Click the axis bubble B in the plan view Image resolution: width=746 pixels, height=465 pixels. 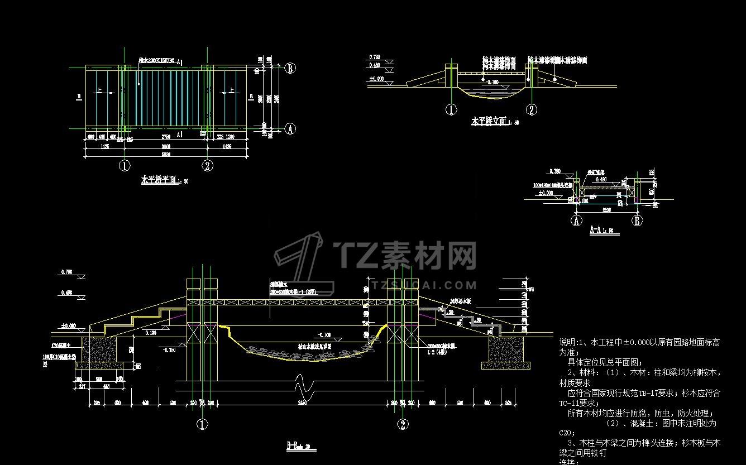point(290,69)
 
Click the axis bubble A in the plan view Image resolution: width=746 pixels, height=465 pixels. point(290,129)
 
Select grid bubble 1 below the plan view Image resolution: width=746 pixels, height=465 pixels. point(124,165)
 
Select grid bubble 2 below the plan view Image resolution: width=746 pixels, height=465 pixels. point(207,165)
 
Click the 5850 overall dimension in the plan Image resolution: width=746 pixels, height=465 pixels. point(166,155)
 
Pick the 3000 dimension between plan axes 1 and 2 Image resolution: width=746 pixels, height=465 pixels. point(166,147)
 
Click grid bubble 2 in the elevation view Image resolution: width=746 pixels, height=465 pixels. point(532,109)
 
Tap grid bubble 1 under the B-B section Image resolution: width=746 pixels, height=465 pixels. point(202,424)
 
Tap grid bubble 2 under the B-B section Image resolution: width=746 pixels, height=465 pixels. point(402,424)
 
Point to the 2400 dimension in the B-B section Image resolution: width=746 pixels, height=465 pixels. point(302,402)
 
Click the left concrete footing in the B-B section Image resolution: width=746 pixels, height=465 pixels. point(101,349)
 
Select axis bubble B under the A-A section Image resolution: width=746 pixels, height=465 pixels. point(637,220)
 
